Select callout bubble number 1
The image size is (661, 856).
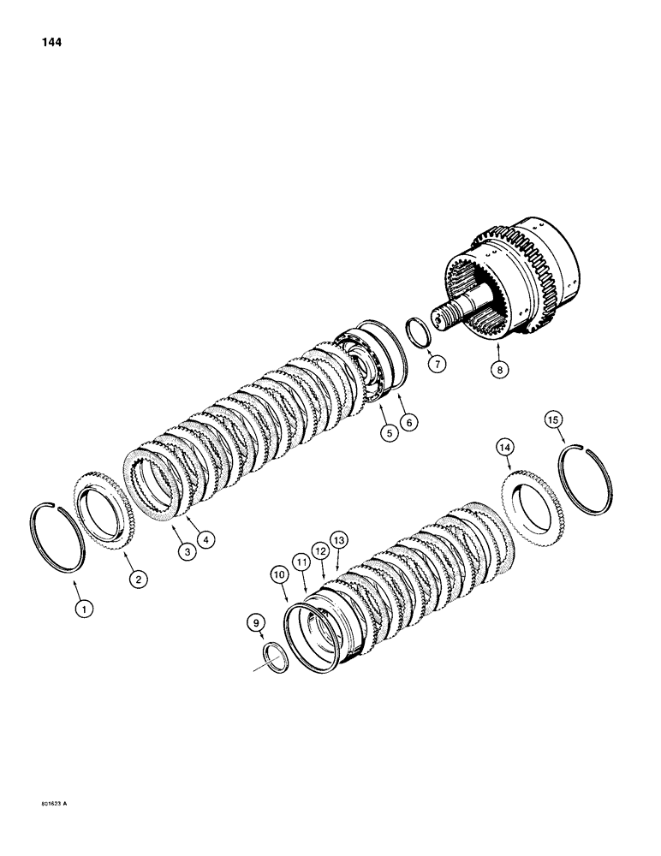click(83, 609)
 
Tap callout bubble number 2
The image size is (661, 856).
click(136, 580)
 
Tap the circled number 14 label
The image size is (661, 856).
click(506, 447)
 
